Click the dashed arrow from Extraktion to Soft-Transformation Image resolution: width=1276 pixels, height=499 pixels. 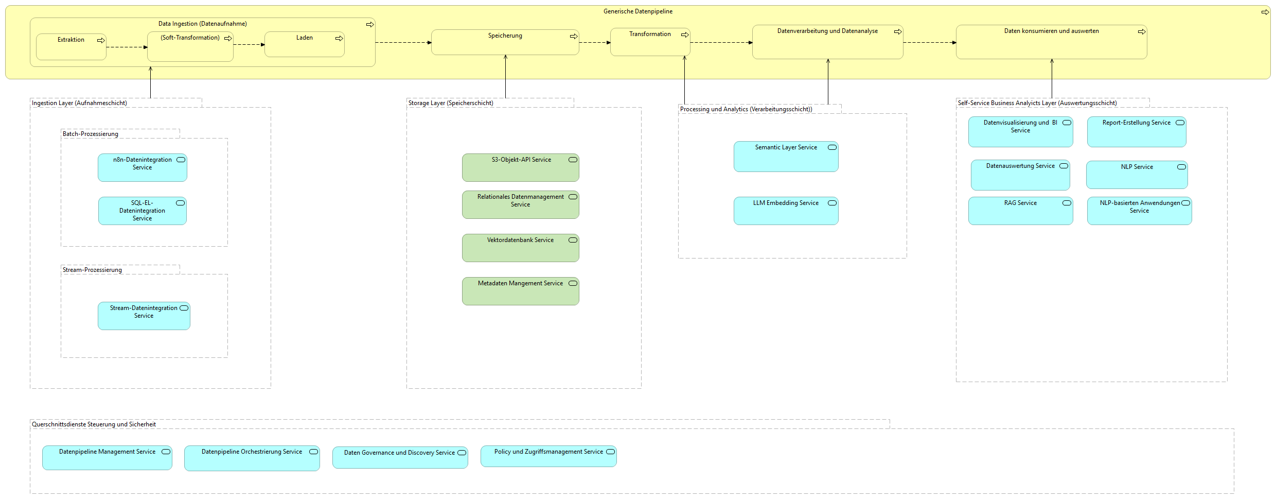point(127,47)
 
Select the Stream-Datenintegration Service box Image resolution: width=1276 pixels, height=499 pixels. point(144,316)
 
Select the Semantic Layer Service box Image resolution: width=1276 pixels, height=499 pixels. point(786,157)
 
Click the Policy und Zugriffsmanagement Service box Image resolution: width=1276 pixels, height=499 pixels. point(548,457)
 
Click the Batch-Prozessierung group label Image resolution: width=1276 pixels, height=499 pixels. point(91,134)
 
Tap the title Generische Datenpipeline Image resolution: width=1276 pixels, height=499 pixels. point(637,11)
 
